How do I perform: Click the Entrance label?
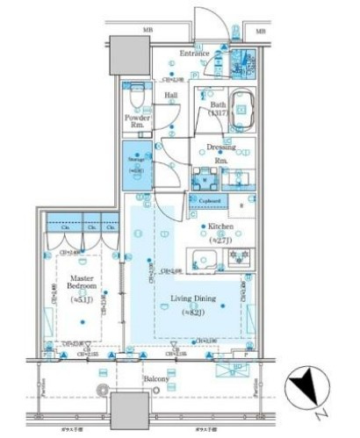tap(193, 54)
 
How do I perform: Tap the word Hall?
tap(171, 96)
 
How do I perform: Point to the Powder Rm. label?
tap(138, 121)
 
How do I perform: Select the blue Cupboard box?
tap(209, 201)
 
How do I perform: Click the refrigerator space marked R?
tap(242, 206)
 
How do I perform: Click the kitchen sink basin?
tap(206, 259)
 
